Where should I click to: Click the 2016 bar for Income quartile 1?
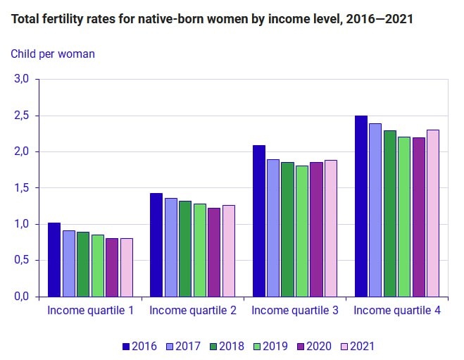(x=54, y=260)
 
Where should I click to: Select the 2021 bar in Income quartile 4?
(x=433, y=213)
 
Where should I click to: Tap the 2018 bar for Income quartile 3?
(x=288, y=230)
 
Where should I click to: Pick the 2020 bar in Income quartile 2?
(x=214, y=252)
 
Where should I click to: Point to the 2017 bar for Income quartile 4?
(x=375, y=210)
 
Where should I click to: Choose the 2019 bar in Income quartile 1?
(x=98, y=266)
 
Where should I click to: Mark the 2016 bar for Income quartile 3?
(x=259, y=221)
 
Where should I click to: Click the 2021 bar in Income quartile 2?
(x=229, y=251)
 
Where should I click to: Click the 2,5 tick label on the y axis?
(x=21, y=116)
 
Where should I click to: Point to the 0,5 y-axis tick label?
(x=21, y=260)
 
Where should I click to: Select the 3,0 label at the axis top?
(x=21, y=79)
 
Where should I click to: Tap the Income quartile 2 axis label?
(x=193, y=310)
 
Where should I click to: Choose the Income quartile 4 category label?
(x=397, y=310)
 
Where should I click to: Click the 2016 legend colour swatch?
(x=126, y=347)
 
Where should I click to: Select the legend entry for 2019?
(x=270, y=346)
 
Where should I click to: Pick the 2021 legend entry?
(x=358, y=346)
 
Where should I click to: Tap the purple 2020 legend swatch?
(x=301, y=347)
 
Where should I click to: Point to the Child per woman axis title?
(x=53, y=54)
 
